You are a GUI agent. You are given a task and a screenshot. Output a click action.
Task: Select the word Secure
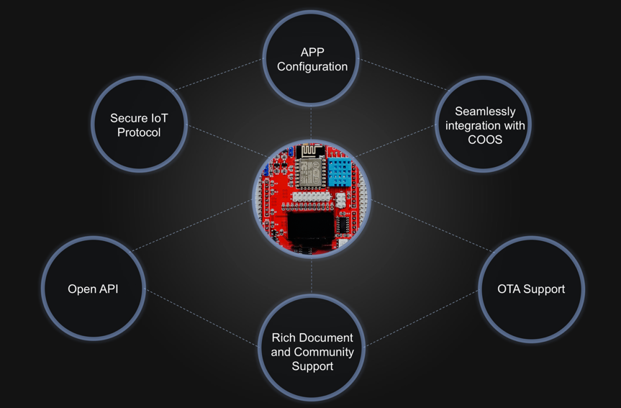tap(128, 118)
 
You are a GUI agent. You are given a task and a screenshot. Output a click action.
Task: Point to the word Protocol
tap(139, 132)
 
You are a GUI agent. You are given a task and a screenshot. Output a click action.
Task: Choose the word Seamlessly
tap(485, 112)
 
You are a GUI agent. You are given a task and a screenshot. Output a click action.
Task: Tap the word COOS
tap(485, 140)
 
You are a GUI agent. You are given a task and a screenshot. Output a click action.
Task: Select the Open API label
tap(93, 289)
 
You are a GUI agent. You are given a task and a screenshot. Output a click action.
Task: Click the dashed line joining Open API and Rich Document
tap(201, 317)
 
